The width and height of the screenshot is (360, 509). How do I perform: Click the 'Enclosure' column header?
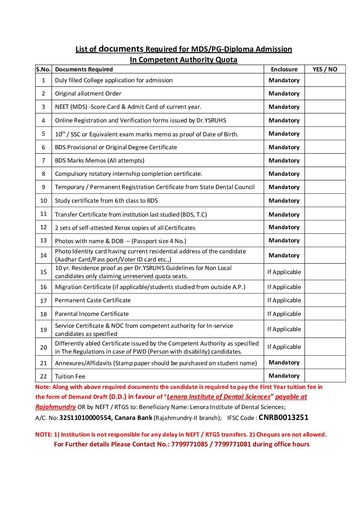[284, 69]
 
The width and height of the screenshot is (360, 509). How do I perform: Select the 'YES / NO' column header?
[325, 69]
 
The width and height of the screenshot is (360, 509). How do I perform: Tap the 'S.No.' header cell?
[43, 69]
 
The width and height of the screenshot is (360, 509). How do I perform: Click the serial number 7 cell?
[43, 160]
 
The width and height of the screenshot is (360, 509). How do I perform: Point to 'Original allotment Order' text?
[88, 94]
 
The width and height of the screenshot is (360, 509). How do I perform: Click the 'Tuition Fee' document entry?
[70, 376]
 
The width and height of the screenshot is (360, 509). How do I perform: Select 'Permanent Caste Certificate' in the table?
[93, 300]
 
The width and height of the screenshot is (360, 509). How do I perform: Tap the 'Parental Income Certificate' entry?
[92, 314]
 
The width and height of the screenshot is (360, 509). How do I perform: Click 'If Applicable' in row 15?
[284, 272]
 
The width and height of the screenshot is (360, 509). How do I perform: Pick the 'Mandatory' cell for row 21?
[284, 362]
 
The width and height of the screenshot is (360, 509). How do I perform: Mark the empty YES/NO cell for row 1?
[325, 80]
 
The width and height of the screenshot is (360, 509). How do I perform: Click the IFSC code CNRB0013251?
[283, 418]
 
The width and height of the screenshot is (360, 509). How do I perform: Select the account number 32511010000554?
[85, 418]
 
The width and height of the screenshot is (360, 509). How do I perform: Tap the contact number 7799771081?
[233, 444]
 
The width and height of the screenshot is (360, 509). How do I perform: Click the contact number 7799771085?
[189, 444]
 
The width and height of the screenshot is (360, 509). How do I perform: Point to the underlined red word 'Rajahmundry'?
[55, 407]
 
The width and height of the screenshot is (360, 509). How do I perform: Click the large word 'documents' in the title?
[121, 49]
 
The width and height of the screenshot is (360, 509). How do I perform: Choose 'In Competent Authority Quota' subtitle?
[184, 60]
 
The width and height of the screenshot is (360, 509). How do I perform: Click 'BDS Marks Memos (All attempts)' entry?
[100, 160]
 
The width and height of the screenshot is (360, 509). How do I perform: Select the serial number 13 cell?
[43, 240]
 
